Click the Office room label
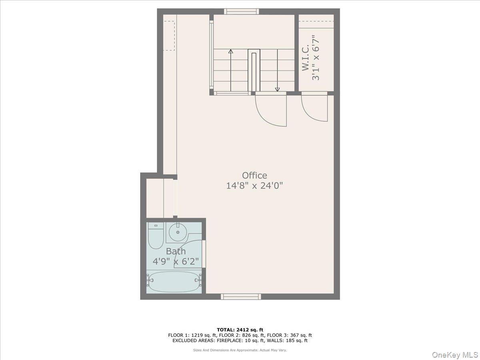[254, 176]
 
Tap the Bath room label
[176, 252]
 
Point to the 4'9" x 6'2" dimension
[176, 262]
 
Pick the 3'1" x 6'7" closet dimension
[316, 58]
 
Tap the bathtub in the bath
[173, 282]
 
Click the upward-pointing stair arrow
[231, 51]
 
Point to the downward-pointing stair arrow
[277, 89]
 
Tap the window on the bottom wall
[241, 296]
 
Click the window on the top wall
[241, 12]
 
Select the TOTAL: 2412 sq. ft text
[240, 330]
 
